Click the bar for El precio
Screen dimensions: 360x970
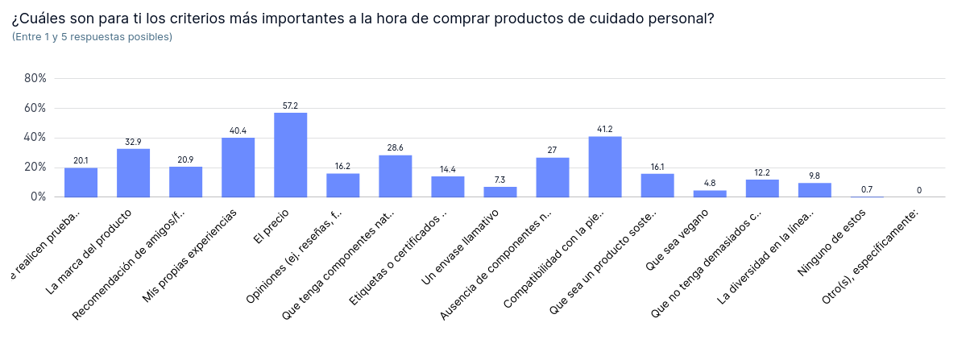(290, 155)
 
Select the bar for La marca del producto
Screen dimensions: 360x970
(133, 172)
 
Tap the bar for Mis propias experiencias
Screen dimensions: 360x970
(238, 167)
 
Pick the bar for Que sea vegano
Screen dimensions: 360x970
(710, 193)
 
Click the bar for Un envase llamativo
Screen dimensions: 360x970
(500, 192)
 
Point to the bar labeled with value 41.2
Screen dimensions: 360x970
(605, 167)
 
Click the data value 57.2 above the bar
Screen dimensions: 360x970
(290, 106)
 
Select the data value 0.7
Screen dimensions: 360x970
(867, 189)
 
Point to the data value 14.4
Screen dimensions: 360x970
(448, 169)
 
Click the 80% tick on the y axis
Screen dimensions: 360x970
(35, 78)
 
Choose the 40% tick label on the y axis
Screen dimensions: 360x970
(35, 138)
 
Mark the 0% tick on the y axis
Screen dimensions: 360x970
(39, 197)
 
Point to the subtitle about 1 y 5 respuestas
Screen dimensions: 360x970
(92, 37)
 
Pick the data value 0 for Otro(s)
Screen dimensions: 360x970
(919, 190)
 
